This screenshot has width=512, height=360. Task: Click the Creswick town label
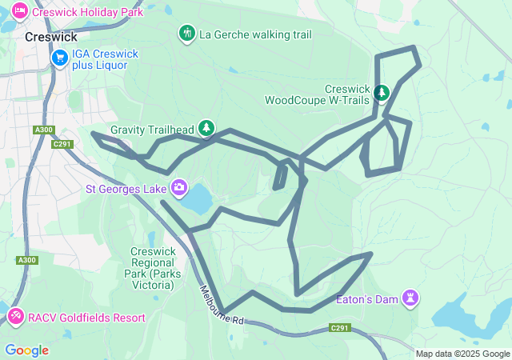51,37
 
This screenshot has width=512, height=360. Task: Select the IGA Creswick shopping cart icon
60,58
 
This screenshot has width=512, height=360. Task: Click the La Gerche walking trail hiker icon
186,34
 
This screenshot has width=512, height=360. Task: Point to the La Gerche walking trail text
254,34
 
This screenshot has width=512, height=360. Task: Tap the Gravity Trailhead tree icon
207,128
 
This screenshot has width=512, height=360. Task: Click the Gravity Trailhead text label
152,129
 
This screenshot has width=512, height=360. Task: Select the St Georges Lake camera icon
179,190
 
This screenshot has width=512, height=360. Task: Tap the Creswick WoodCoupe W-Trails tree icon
382,93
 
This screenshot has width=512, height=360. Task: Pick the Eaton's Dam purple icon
411,298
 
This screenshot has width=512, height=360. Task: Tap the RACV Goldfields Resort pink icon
15,318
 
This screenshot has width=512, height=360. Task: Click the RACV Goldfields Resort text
86,318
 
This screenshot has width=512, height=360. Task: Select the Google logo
26,350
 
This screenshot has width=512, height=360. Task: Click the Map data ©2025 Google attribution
462,354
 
